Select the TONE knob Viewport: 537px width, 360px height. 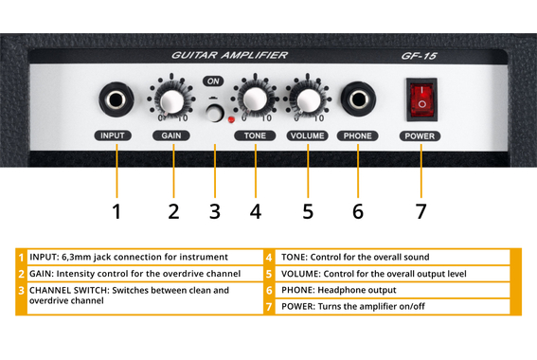click(x=254, y=99)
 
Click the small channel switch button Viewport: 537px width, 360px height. click(x=217, y=115)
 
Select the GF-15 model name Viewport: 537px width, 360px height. click(x=421, y=57)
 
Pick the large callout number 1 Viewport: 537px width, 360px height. click(x=116, y=210)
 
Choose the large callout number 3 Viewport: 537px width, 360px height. click(x=215, y=210)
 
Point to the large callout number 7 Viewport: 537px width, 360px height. click(x=421, y=210)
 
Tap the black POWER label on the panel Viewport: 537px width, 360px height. click(x=421, y=136)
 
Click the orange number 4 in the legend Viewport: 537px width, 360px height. click(x=270, y=257)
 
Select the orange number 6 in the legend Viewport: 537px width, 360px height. click(x=270, y=290)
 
